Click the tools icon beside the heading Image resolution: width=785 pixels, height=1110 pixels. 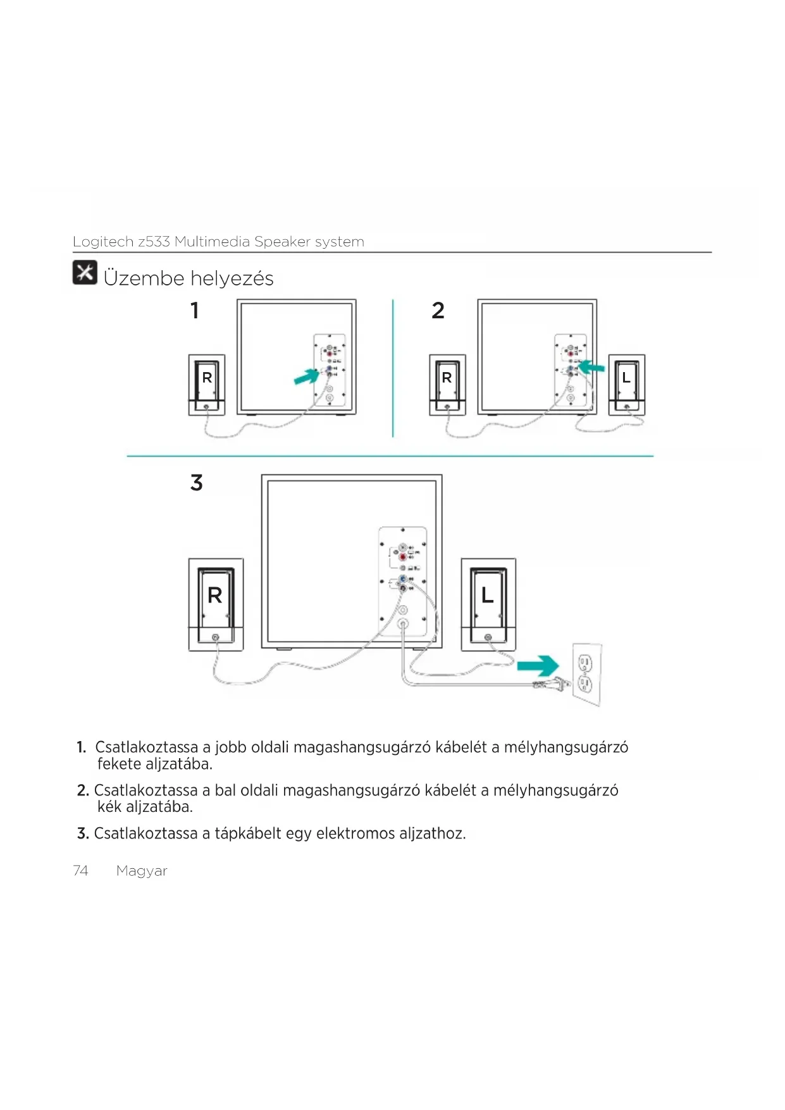(85, 272)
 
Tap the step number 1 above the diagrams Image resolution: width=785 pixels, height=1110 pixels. (195, 311)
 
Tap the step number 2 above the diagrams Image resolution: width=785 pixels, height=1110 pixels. (438, 311)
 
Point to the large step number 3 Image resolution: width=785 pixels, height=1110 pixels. (197, 483)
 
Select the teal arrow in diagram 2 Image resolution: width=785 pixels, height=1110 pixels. (592, 366)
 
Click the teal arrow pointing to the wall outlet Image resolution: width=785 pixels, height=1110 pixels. (538, 666)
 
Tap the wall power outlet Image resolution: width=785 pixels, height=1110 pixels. (586, 673)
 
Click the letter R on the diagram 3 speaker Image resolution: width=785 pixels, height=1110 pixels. (215, 596)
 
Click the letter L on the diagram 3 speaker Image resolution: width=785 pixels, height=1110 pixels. (487, 595)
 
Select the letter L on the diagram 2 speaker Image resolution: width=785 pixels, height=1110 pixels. (626, 378)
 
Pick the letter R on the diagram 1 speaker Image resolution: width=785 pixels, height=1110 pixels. (207, 378)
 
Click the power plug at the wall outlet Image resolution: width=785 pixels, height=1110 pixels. (557, 683)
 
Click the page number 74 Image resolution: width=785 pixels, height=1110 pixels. (80, 871)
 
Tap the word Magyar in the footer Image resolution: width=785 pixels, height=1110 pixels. (142, 871)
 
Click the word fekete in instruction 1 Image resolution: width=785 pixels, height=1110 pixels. (119, 764)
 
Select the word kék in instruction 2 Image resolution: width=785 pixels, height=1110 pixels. (109, 807)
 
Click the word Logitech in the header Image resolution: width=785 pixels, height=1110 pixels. (102, 242)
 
